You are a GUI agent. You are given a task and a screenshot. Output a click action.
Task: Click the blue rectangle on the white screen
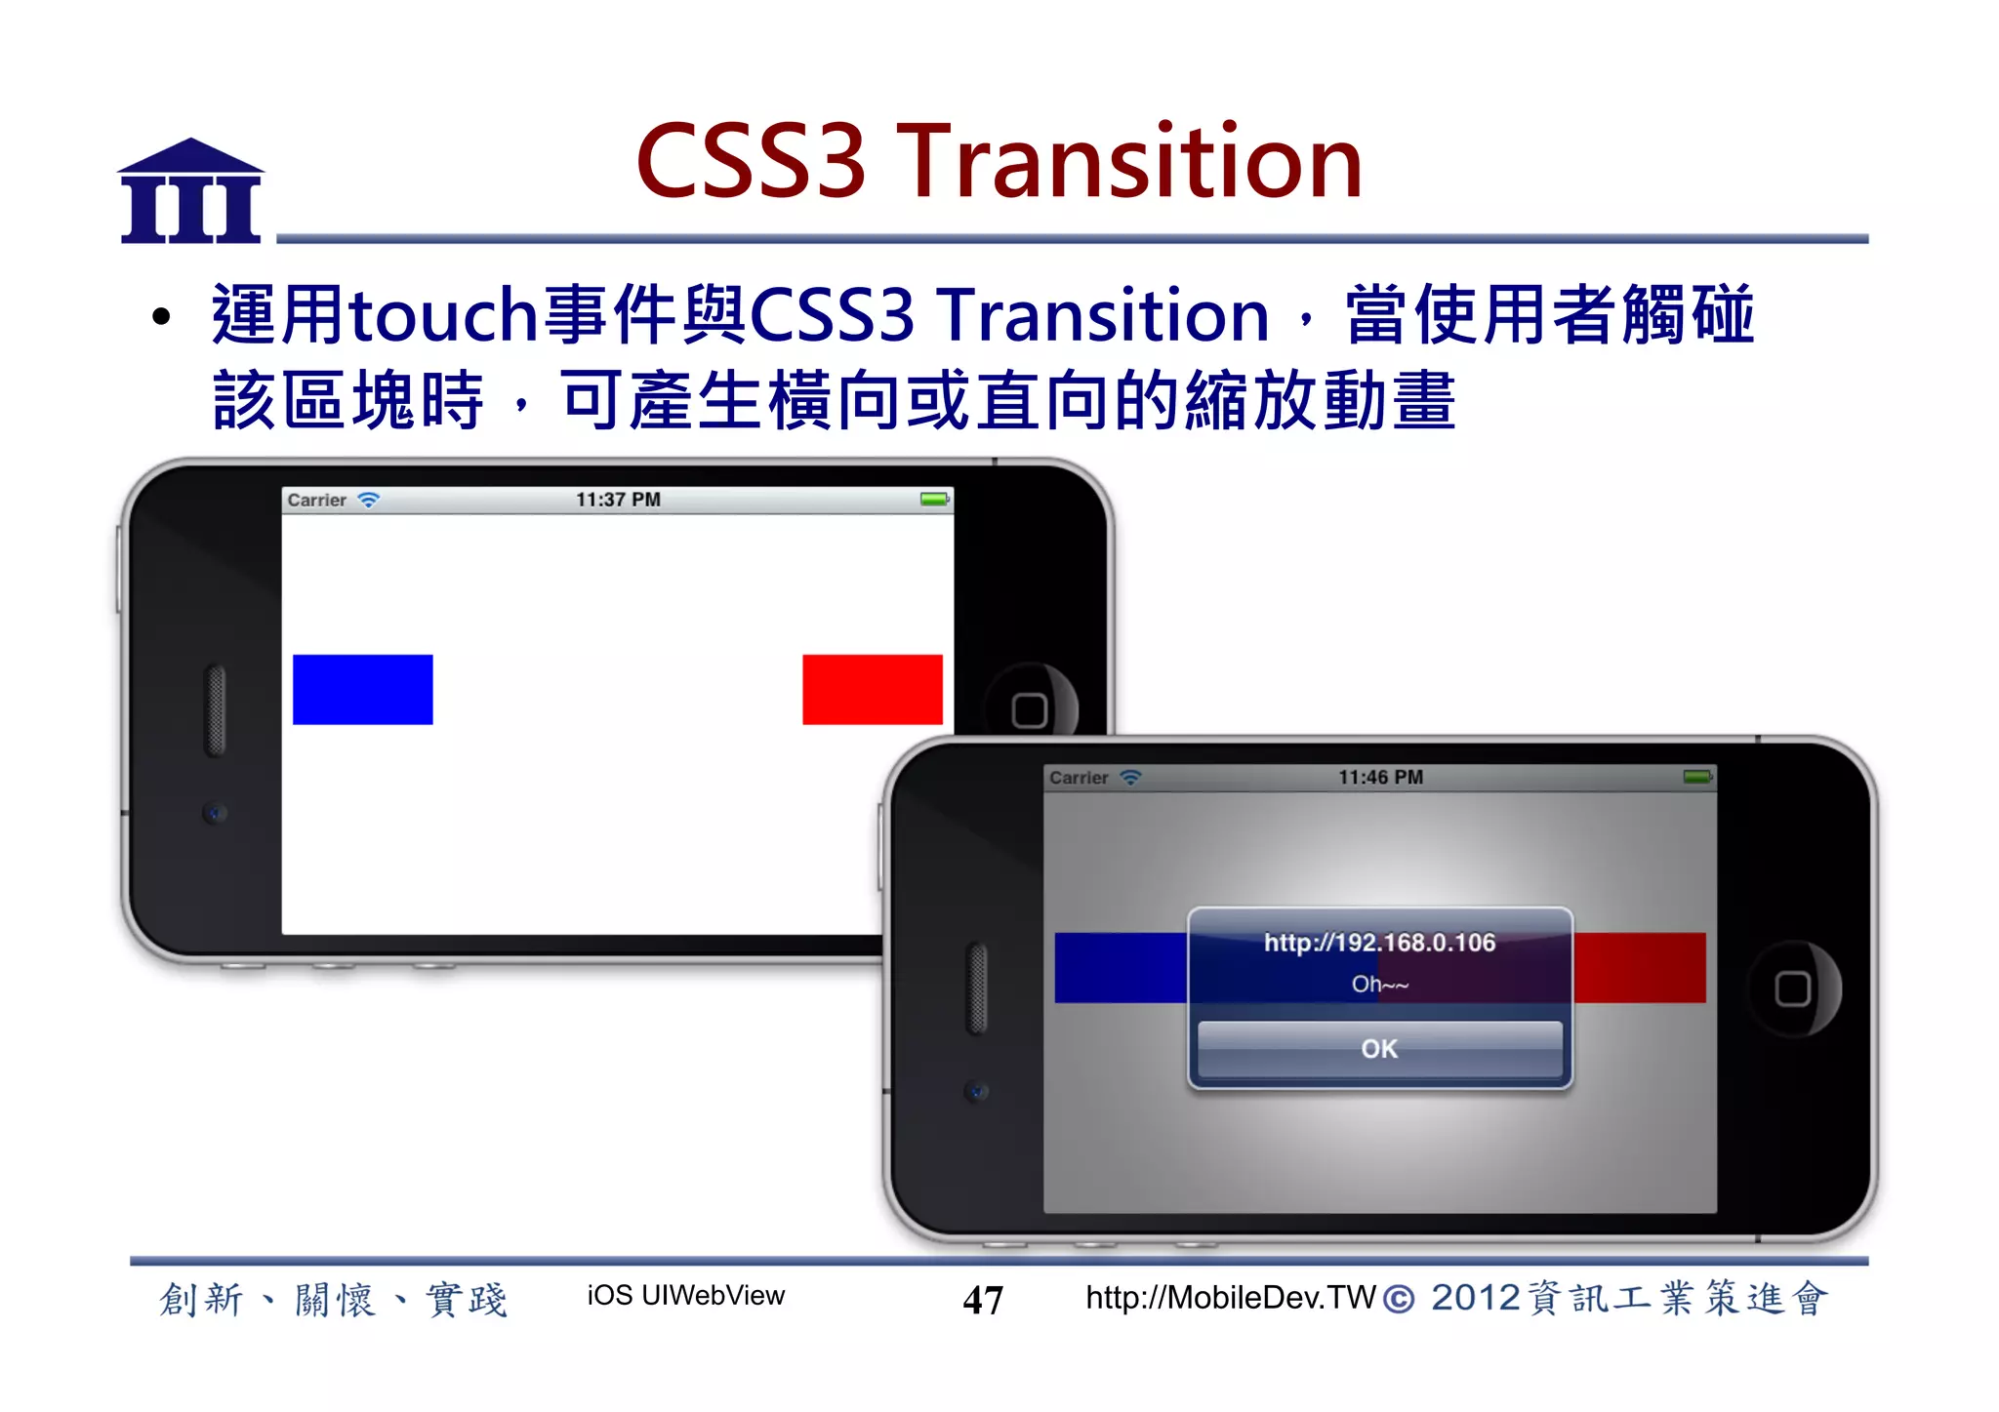362,689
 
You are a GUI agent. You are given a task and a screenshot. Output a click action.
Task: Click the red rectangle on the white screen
872,689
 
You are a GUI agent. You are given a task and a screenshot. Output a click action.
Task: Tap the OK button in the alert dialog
1379,1049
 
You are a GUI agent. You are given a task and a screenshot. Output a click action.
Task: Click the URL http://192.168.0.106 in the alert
1379,943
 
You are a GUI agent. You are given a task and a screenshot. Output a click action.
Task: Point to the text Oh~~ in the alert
1379,985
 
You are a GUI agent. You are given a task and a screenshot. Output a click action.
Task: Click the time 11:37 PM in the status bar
618,500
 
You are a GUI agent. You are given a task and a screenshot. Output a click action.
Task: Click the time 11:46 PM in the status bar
1380,778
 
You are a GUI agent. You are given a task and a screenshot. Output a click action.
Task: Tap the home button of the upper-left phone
1030,709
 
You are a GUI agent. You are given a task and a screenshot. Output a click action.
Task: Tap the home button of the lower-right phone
1792,988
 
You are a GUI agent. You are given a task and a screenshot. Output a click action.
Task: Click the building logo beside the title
191,191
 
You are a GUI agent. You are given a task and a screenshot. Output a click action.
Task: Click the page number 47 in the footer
982,1300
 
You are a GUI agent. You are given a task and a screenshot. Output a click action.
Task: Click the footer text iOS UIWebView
685,1296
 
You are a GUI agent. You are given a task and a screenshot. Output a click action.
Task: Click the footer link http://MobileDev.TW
1230,1298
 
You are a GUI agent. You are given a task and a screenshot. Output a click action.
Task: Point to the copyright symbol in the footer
1398,1300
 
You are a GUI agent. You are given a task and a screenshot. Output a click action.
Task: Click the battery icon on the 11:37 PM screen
934,500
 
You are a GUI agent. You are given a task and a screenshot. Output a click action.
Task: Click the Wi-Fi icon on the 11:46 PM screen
1130,778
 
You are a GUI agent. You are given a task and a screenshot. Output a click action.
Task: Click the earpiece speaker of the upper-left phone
216,709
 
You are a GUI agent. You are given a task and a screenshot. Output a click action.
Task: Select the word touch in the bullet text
444,316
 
